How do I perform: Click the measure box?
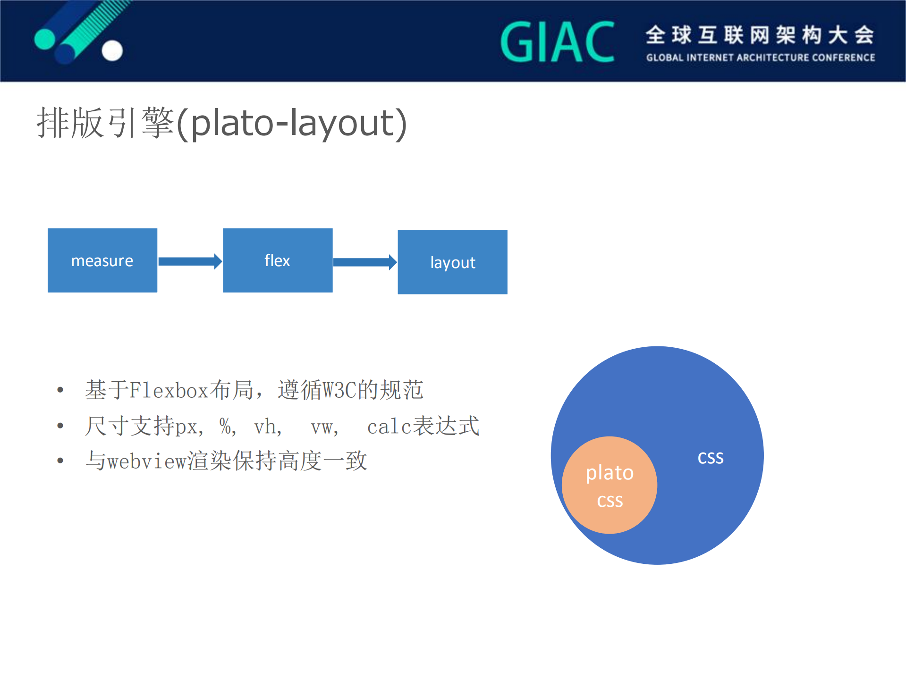pos(102,260)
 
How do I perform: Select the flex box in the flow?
pos(278,260)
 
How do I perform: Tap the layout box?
pos(452,262)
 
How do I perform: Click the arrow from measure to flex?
pos(190,261)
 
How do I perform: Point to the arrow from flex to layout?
pos(365,262)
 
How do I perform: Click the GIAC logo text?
pos(558,42)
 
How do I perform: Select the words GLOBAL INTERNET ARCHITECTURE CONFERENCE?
pos(760,58)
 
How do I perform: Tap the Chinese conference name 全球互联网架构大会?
pos(760,35)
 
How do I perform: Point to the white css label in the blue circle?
pos(711,457)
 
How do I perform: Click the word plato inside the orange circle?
pos(610,472)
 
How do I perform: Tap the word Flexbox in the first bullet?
pos(169,390)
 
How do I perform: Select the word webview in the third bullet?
pos(147,461)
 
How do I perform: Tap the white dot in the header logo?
pos(112,50)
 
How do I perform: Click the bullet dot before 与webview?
pos(60,461)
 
